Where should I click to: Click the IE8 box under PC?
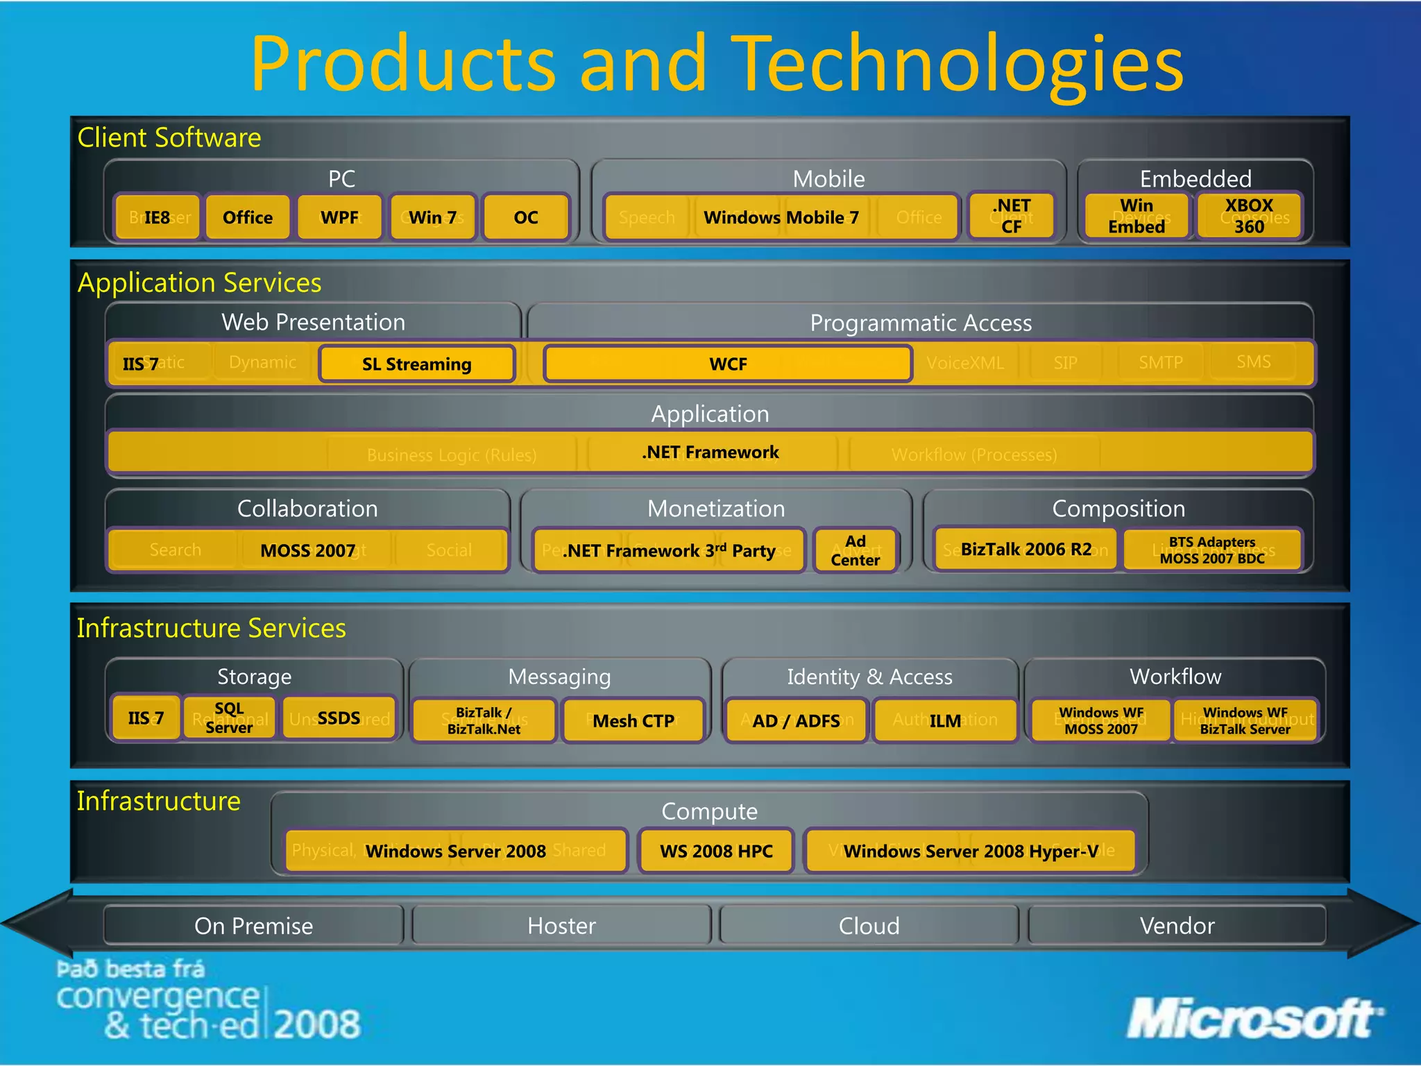point(158,217)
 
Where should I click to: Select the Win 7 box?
point(432,217)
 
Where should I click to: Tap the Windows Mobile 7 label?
point(781,217)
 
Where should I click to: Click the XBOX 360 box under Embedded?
point(1248,216)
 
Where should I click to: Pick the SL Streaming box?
point(416,364)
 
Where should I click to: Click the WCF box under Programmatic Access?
point(727,364)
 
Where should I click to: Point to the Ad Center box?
point(855,550)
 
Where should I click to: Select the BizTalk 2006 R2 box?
point(1026,550)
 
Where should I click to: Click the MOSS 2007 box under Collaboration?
point(307,550)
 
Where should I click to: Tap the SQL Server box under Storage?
point(229,718)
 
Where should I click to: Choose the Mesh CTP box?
point(633,720)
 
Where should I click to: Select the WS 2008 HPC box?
point(715,851)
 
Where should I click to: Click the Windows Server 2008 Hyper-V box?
point(970,851)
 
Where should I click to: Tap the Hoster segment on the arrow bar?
point(561,925)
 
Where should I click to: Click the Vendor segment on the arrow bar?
point(1177,925)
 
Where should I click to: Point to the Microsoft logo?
point(1253,1019)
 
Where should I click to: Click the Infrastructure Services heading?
point(211,627)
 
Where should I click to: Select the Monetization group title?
point(715,508)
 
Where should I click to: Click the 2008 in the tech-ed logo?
point(317,1024)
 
